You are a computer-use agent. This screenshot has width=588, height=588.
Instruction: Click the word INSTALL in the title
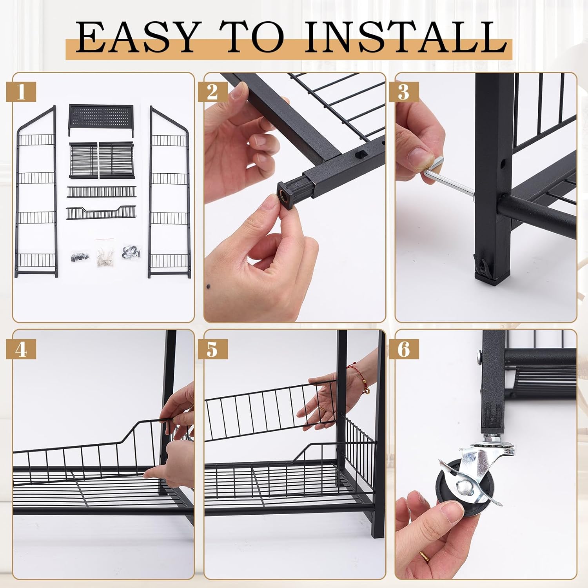pos(406,38)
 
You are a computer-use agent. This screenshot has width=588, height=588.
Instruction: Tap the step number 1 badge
pos(21,93)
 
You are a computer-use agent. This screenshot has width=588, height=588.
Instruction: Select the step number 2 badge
pos(212,93)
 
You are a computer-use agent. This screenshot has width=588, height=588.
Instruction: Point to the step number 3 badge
pos(404,93)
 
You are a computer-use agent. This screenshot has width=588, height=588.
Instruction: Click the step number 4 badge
pos(21,349)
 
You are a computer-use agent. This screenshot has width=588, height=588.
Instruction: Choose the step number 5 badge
pos(212,349)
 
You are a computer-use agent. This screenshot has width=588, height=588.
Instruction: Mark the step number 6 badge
pos(404,349)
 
